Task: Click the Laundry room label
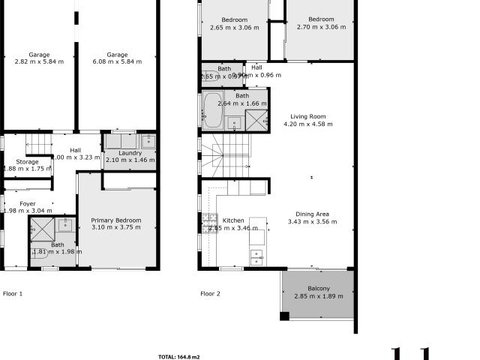click(x=124, y=153)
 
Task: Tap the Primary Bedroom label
click(x=116, y=220)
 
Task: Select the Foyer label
click(x=28, y=203)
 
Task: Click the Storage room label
click(x=28, y=162)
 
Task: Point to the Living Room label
click(x=307, y=116)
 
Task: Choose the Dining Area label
click(x=312, y=214)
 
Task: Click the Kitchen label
click(x=233, y=220)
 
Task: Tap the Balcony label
click(x=318, y=289)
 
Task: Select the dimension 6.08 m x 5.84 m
click(x=116, y=62)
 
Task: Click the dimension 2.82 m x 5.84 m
click(x=40, y=62)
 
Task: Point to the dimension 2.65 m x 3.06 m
click(x=234, y=27)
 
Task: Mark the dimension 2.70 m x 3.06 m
click(x=321, y=27)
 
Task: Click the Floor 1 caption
click(x=13, y=294)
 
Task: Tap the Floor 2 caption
click(x=210, y=294)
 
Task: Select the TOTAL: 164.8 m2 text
click(x=178, y=357)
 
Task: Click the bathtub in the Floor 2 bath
click(x=212, y=109)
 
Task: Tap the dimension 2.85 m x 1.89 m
click(x=318, y=296)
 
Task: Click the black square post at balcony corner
click(x=284, y=316)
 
